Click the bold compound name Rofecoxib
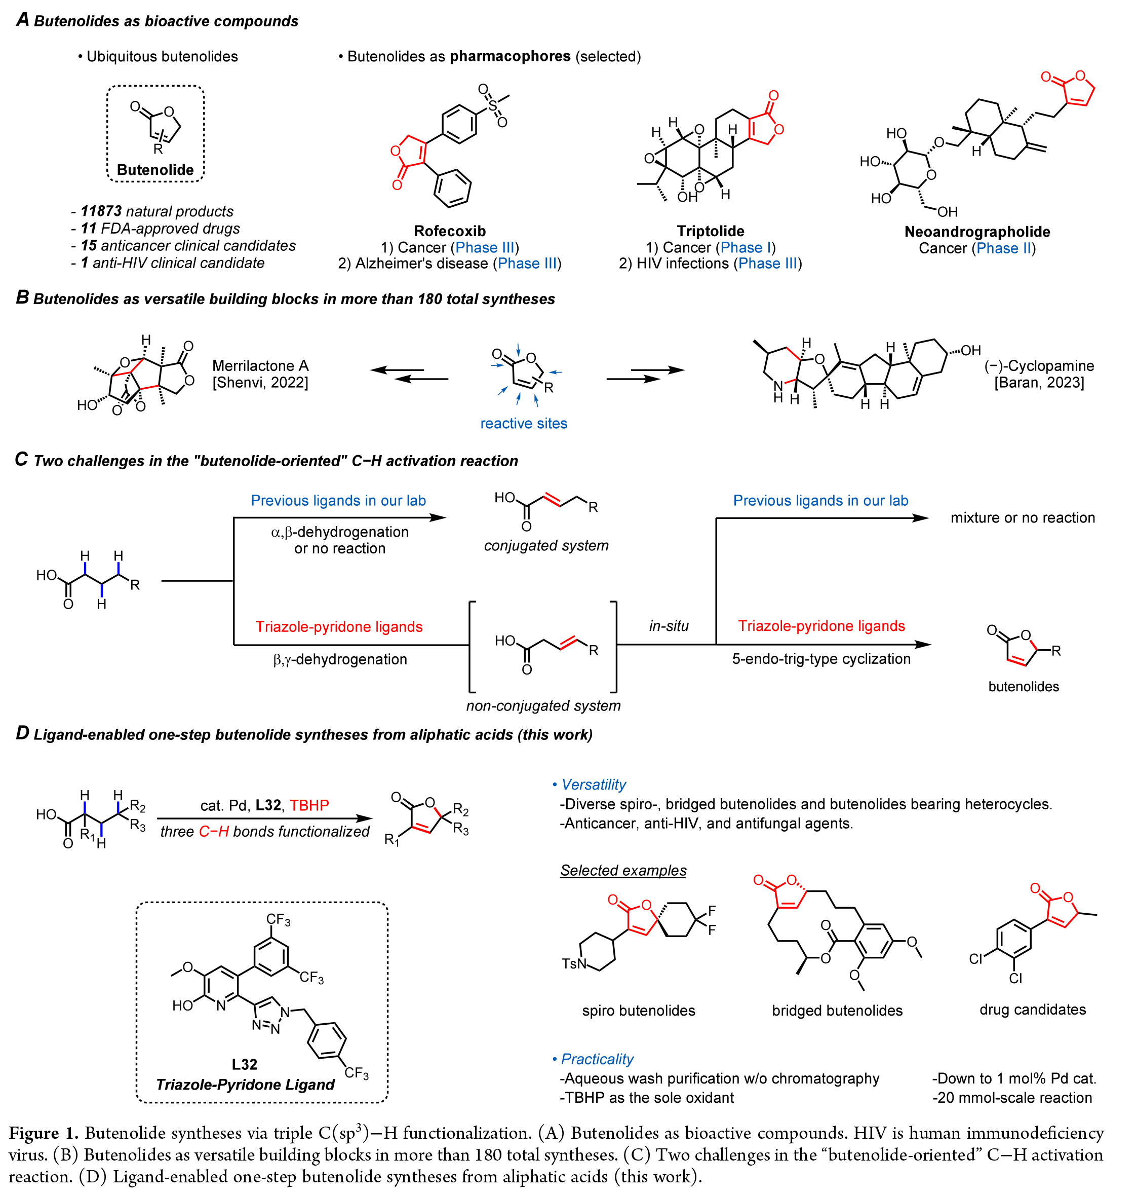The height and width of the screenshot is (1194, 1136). [x=449, y=231]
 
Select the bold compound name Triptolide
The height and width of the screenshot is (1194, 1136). [x=710, y=231]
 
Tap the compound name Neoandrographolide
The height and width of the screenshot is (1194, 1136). [x=977, y=232]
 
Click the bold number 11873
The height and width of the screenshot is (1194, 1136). [x=101, y=211]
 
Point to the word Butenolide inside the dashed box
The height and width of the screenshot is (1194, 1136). [x=155, y=170]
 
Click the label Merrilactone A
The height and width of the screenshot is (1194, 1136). [x=260, y=365]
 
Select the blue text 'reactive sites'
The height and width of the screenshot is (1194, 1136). [x=523, y=424]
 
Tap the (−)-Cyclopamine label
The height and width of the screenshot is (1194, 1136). [x=1039, y=365]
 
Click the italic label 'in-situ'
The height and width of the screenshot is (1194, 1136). [x=669, y=626]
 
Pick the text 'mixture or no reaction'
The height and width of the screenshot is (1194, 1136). [x=1022, y=517]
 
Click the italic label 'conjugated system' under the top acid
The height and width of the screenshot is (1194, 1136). [x=545, y=545]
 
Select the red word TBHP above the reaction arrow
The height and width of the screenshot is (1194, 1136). [x=309, y=805]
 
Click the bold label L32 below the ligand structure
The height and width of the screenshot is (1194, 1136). [x=244, y=1064]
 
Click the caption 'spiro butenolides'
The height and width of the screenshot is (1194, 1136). [x=638, y=1011]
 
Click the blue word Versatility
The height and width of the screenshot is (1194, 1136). [x=594, y=785]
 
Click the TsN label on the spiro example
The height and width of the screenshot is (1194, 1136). [x=574, y=963]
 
